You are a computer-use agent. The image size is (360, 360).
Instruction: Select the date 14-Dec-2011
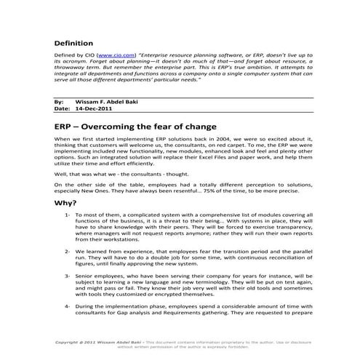click(x=91, y=110)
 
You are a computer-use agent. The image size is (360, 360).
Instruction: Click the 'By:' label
click(x=59, y=103)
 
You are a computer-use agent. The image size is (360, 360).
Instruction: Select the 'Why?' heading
click(x=68, y=203)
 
